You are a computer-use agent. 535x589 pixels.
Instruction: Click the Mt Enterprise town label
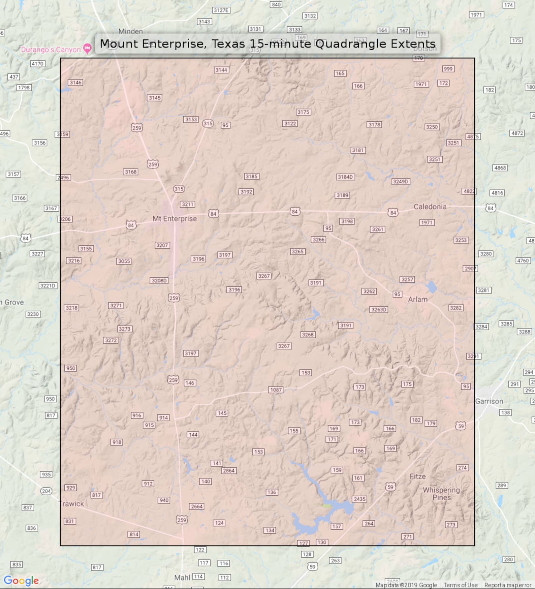click(175, 219)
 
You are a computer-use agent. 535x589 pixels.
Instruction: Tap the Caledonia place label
click(430, 207)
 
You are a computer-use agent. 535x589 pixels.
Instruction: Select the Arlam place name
click(417, 300)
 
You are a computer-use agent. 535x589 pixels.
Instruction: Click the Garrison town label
click(489, 401)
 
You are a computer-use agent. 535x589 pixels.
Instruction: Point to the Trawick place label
click(71, 504)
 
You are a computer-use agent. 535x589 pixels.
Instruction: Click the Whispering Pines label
click(441, 494)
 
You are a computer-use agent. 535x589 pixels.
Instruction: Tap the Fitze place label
click(417, 476)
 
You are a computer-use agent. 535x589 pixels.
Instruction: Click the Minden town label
click(130, 31)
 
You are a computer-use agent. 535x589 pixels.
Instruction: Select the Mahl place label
click(182, 578)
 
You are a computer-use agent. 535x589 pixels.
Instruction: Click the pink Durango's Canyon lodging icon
click(87, 49)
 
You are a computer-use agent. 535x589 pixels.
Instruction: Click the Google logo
click(21, 581)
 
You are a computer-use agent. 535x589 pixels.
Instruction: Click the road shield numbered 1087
click(276, 390)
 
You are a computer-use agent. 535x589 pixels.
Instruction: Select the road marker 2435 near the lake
click(359, 499)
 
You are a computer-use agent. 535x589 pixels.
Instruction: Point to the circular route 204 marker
click(46, 491)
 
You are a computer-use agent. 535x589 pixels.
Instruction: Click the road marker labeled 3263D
click(379, 309)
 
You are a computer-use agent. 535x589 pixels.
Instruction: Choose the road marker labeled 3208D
click(159, 280)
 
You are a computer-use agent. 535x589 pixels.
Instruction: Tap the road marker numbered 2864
click(228, 471)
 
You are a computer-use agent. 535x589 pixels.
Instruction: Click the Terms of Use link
click(460, 585)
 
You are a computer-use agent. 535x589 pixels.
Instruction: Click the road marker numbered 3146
click(75, 83)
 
